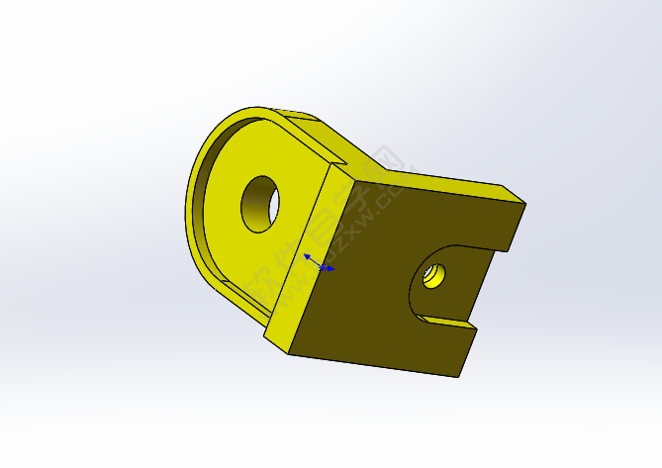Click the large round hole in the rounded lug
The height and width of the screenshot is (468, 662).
(260, 204)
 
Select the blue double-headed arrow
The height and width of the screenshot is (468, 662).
(319, 262)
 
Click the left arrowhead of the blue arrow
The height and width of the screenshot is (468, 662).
(307, 256)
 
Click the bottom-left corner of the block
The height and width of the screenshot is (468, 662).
(290, 352)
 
